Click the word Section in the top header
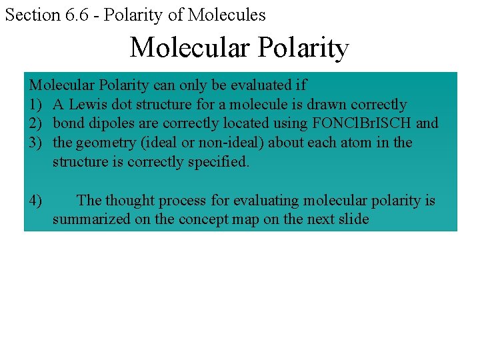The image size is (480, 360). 32,15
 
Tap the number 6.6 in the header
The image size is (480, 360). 76,15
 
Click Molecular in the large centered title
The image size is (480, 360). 189,47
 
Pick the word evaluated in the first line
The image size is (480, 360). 258,85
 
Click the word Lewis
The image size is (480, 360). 87,105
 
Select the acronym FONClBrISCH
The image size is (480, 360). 361,123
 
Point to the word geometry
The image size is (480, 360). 105,143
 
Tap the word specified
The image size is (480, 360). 217,161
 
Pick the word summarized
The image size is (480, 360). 92,219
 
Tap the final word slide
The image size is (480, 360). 351,219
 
